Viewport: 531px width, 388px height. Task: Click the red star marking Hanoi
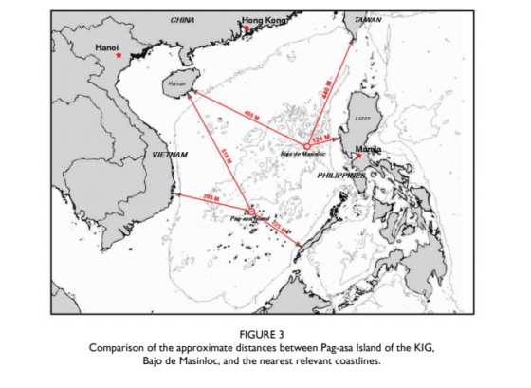click(119, 56)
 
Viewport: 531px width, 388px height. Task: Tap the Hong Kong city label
click(263, 20)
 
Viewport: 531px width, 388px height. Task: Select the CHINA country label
click(183, 19)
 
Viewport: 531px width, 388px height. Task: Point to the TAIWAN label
click(367, 19)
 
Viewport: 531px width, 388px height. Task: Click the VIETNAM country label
click(170, 153)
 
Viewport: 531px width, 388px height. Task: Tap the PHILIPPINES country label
click(341, 176)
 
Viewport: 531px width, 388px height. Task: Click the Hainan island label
click(176, 83)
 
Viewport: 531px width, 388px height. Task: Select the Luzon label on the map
click(361, 118)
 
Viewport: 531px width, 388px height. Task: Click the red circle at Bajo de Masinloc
click(305, 146)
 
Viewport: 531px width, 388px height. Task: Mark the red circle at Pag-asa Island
click(249, 211)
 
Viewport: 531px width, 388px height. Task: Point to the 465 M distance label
click(250, 116)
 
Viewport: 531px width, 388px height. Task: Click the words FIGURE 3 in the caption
click(264, 336)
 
